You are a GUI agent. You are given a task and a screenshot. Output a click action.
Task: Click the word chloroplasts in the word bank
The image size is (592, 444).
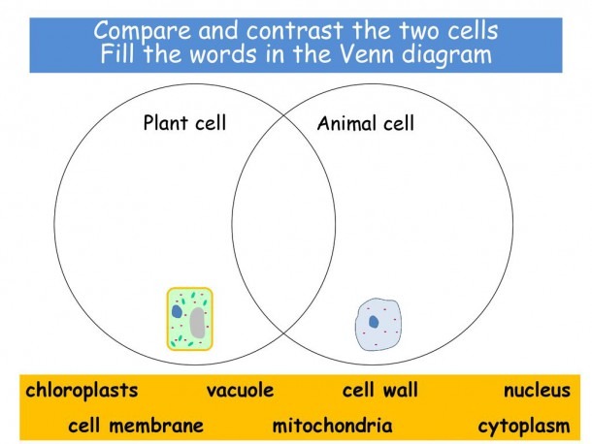82,391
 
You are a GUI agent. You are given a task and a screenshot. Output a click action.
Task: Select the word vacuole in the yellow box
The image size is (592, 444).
240,390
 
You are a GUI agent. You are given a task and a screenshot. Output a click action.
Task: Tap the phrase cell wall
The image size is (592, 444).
380,390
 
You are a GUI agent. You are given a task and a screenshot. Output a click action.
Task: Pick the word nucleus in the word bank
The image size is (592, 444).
537,391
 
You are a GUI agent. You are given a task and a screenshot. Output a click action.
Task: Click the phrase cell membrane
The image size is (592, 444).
136,426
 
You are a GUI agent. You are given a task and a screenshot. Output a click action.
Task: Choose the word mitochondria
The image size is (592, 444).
332,426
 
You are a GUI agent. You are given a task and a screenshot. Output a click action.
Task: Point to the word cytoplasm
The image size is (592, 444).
524,427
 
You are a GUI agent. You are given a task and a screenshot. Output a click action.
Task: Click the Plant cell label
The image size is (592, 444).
184,122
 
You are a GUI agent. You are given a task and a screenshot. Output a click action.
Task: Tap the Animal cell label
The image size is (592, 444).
366,123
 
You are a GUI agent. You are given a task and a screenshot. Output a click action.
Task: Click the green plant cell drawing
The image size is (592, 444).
190,319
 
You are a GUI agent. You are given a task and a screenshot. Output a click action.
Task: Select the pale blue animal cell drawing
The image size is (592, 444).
378,325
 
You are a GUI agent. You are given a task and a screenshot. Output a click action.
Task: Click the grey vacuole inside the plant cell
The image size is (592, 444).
197,323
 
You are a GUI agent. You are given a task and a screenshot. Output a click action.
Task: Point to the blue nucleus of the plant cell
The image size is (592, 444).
177,311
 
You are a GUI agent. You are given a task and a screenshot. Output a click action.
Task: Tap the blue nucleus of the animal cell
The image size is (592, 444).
374,322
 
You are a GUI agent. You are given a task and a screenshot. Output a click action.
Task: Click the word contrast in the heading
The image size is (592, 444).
295,31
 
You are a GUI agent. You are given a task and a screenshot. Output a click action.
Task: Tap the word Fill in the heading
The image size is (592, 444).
117,53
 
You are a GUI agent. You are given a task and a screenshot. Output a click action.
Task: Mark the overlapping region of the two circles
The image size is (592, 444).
283,225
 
